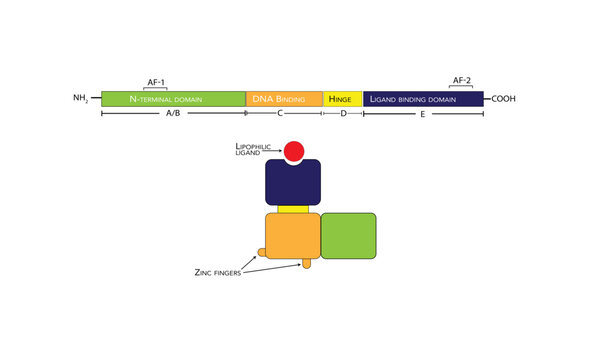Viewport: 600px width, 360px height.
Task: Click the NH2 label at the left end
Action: tap(81, 99)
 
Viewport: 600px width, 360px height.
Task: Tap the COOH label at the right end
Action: tap(508, 98)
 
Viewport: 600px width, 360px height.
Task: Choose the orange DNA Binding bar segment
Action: tap(284, 99)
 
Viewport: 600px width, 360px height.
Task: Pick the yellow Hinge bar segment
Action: tap(342, 99)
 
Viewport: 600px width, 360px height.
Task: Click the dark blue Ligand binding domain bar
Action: tap(423, 99)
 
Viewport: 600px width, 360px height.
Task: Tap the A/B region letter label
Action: tap(172, 115)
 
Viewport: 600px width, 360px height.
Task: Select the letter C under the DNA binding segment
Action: tap(281, 115)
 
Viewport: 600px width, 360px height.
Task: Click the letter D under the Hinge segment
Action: tap(342, 115)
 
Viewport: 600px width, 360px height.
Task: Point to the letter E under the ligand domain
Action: tap(422, 115)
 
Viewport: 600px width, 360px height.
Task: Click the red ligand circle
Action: tap(294, 152)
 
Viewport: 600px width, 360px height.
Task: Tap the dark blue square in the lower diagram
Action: tap(292, 183)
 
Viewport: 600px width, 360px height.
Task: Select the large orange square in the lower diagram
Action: tap(291, 236)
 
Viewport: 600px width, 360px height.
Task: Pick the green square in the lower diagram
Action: tap(348, 236)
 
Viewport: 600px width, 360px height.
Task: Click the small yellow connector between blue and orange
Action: tap(292, 209)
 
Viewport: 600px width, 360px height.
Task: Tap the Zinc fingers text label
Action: tap(218, 272)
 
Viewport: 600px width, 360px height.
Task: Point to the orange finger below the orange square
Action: tap(307, 264)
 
